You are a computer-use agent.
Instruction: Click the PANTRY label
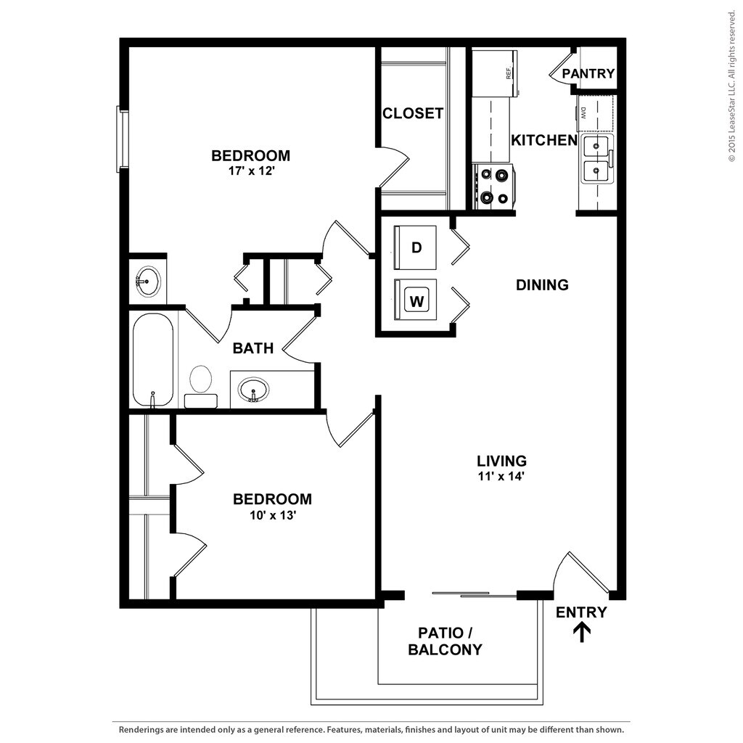pyautogui.click(x=588, y=73)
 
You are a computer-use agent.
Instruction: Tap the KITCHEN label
pyautogui.click(x=544, y=140)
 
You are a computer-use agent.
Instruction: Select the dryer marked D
pyautogui.click(x=416, y=247)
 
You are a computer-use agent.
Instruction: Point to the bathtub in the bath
pyautogui.click(x=153, y=359)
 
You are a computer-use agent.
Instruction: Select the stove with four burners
pyautogui.click(x=493, y=186)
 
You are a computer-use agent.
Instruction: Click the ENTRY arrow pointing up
pyautogui.click(x=582, y=633)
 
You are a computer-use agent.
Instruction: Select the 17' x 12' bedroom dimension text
pyautogui.click(x=250, y=172)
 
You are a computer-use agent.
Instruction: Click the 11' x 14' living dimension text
pyautogui.click(x=501, y=477)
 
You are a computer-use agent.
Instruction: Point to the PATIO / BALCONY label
pyautogui.click(x=445, y=641)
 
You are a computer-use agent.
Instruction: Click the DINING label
pyautogui.click(x=542, y=285)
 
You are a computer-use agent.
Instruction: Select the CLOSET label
pyautogui.click(x=412, y=113)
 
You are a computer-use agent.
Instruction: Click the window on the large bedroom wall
pyautogui.click(x=123, y=139)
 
